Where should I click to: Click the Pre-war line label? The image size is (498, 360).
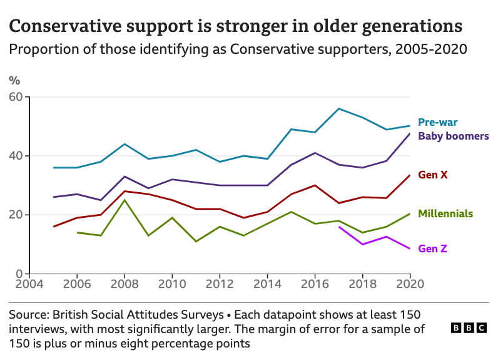(x=437, y=122)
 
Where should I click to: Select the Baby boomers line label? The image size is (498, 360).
(x=453, y=136)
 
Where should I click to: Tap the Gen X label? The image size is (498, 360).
(x=432, y=175)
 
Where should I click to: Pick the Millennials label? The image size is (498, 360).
(x=445, y=213)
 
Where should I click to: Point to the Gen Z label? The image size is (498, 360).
(x=432, y=249)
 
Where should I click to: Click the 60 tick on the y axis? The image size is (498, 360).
(x=15, y=97)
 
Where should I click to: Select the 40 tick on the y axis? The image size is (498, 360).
(x=15, y=156)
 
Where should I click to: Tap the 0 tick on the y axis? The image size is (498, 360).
(x=18, y=274)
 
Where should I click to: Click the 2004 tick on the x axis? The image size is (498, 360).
(x=29, y=284)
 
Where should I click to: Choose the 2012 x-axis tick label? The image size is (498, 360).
(x=219, y=284)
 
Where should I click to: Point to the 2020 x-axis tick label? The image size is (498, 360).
(x=410, y=284)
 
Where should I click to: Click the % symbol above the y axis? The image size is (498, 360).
(x=14, y=80)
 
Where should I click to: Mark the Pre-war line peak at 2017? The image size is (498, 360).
(x=338, y=108)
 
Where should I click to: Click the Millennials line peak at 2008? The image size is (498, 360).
(x=124, y=200)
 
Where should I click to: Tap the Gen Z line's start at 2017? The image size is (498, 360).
(x=338, y=227)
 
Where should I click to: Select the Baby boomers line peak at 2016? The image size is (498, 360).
(x=315, y=153)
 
